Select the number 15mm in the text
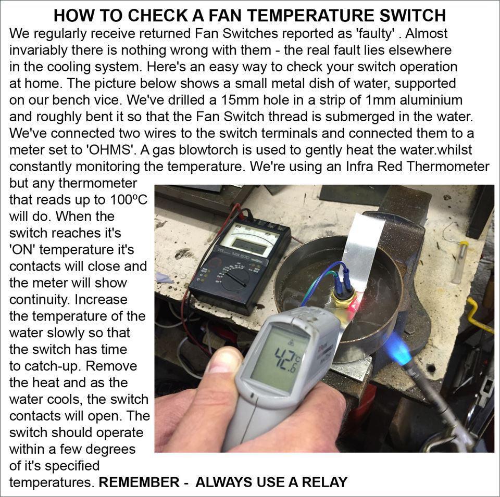(260, 100)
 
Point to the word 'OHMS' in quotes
(106, 150)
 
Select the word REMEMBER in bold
(138, 482)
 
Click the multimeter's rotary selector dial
(234, 279)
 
